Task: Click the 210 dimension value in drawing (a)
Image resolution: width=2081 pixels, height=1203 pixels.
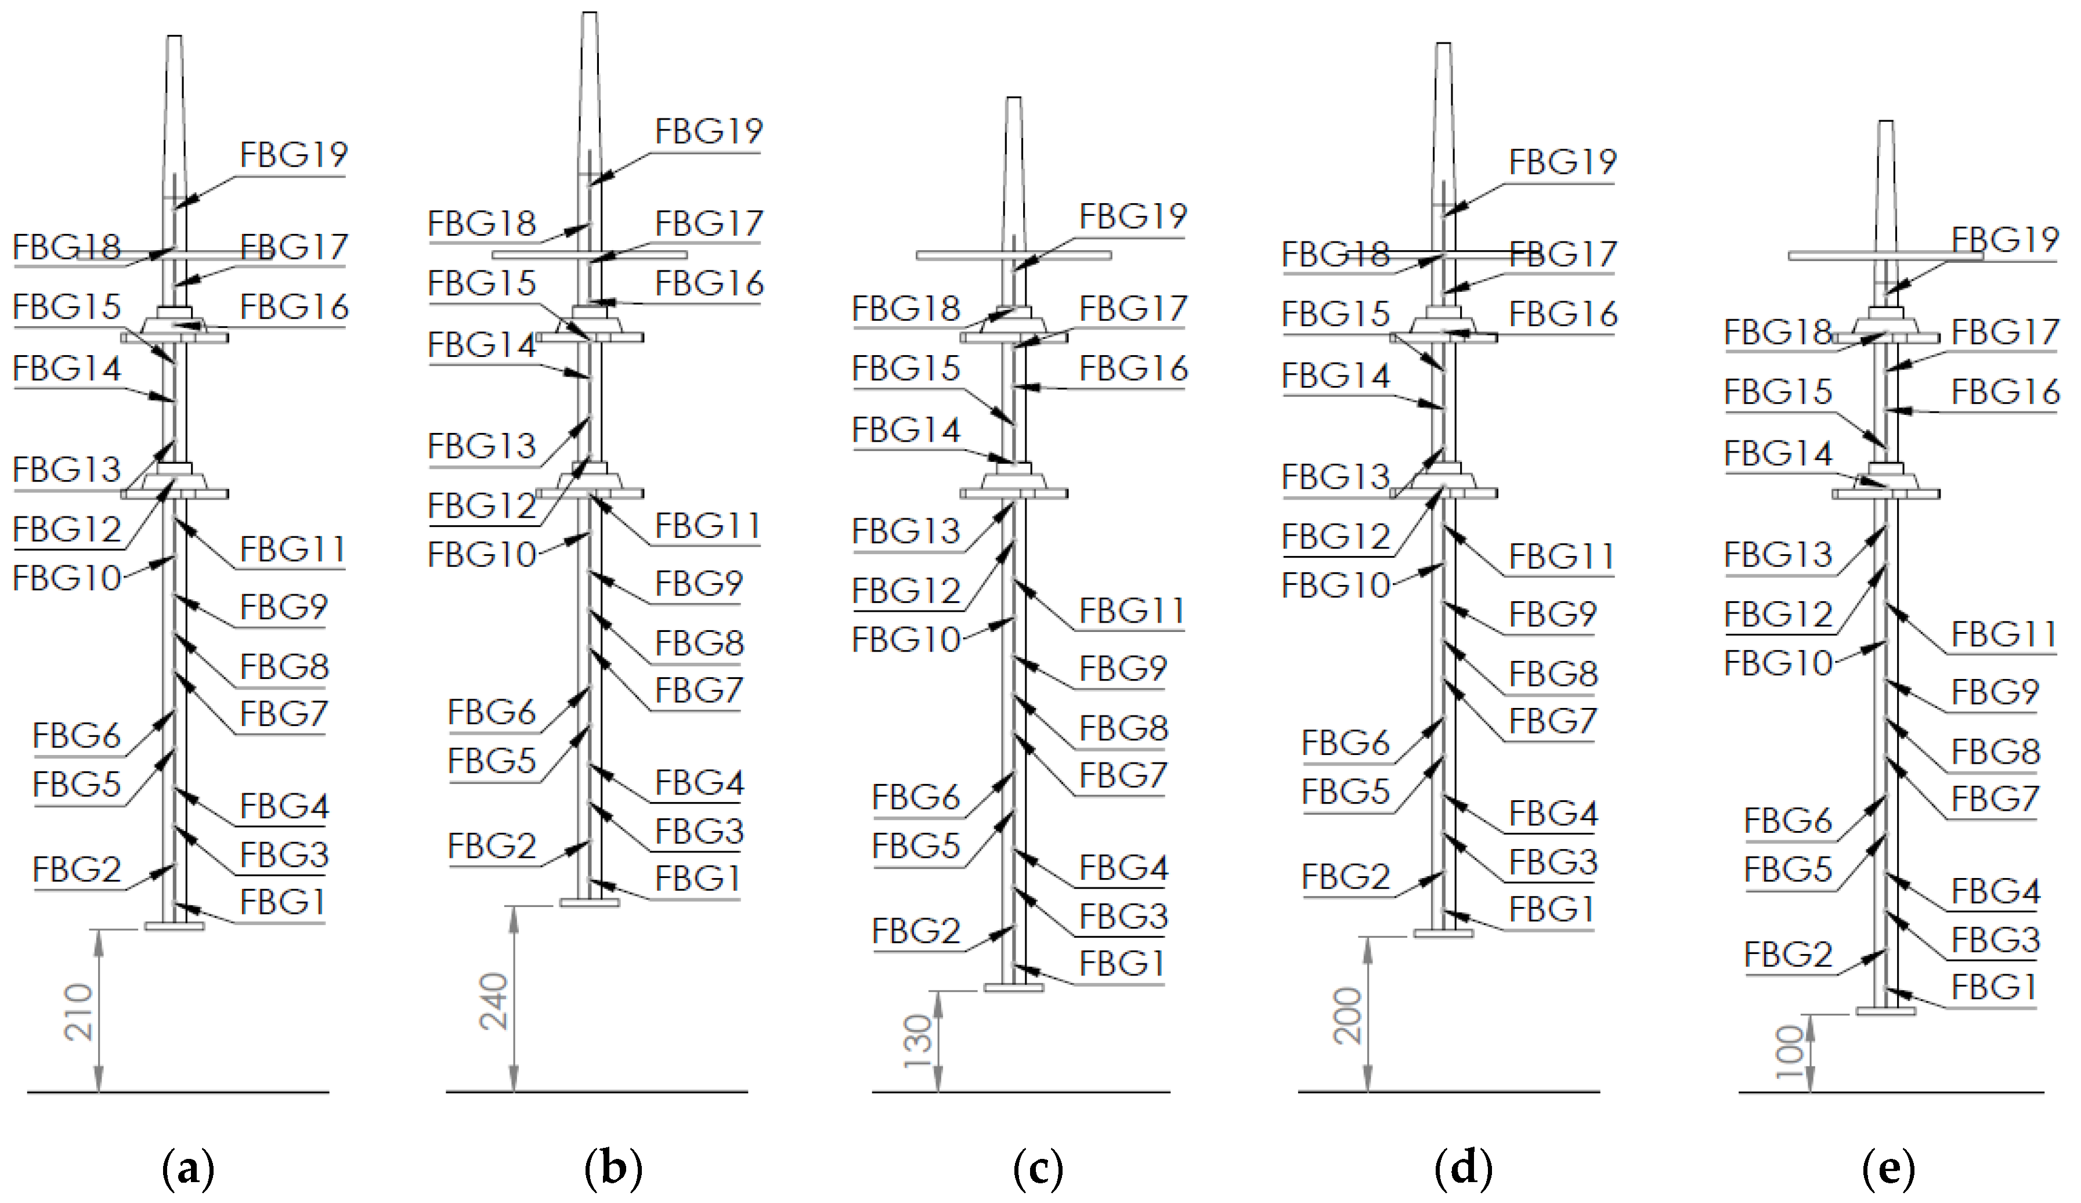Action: pos(80,1011)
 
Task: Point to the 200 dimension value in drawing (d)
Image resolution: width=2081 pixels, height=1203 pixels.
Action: pos(1347,1016)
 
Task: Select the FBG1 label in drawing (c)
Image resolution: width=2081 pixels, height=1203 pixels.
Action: pos(1121,963)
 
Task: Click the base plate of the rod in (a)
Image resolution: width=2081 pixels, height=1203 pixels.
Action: pos(174,926)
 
